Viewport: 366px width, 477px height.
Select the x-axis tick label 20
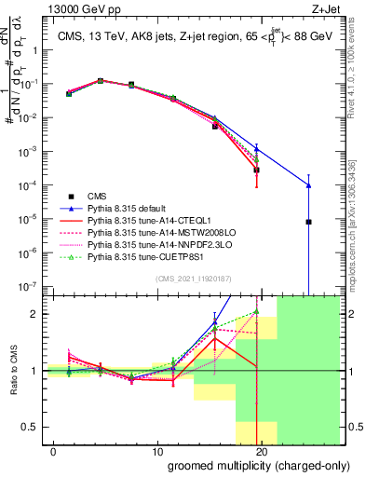[x=262, y=451]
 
